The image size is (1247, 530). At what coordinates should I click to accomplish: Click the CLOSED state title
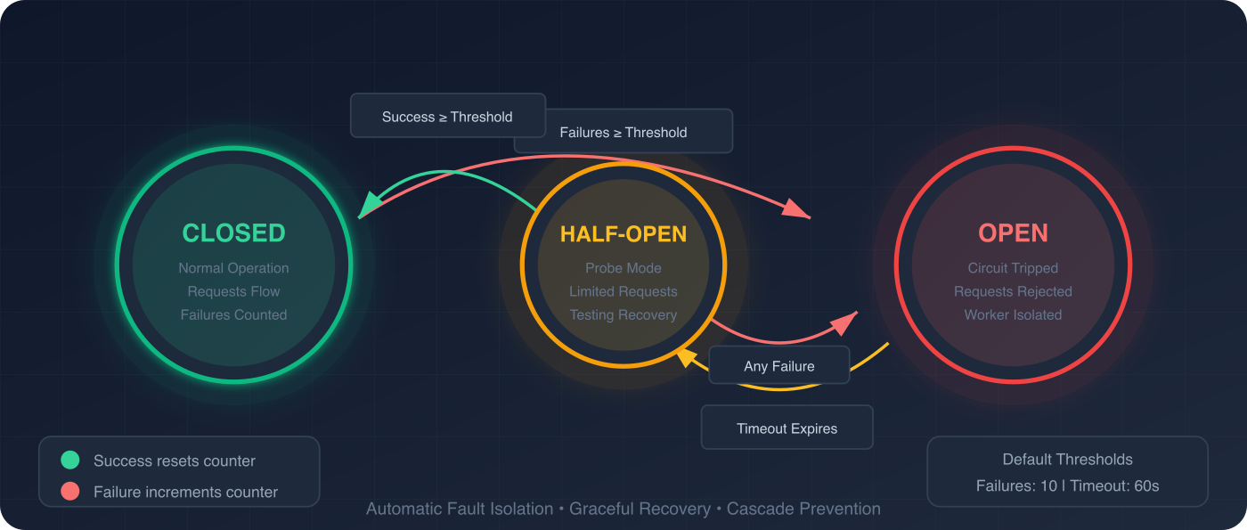point(233,233)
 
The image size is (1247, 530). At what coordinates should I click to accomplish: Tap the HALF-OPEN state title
point(623,234)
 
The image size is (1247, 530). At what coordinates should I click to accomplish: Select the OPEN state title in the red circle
point(1013,233)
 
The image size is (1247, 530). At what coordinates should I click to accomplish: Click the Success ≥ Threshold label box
point(447,116)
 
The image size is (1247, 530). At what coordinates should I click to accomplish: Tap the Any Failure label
point(778,366)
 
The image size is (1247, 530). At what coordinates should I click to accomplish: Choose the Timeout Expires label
point(787,428)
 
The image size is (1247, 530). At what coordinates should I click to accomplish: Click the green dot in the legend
point(69,461)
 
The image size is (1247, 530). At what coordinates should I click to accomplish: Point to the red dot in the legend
point(69,492)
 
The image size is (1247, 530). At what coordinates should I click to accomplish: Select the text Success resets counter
point(175,461)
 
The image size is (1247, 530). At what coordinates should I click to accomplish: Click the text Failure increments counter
point(185,492)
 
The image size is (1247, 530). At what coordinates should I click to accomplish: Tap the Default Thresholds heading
point(1067,460)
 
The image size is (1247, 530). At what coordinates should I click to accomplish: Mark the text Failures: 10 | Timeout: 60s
point(1067,486)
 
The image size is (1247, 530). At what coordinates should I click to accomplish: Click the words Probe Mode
point(623,268)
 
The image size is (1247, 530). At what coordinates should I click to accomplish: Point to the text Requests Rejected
point(1013,291)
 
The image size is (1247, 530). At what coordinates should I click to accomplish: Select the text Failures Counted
point(233,314)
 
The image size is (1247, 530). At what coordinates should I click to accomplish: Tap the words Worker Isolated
point(1013,314)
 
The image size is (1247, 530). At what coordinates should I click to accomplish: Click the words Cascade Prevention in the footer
point(803,510)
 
